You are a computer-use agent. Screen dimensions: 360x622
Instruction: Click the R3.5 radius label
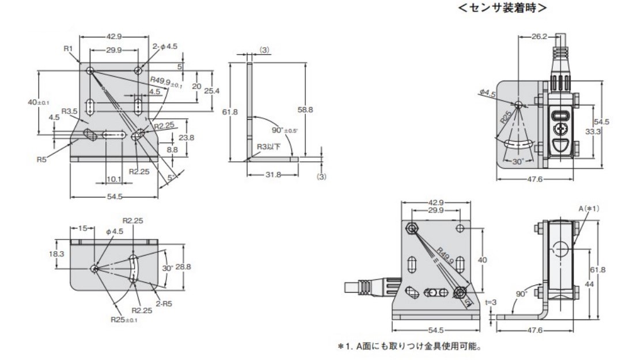click(x=70, y=111)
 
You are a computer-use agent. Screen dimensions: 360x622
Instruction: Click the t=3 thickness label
click(x=490, y=300)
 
